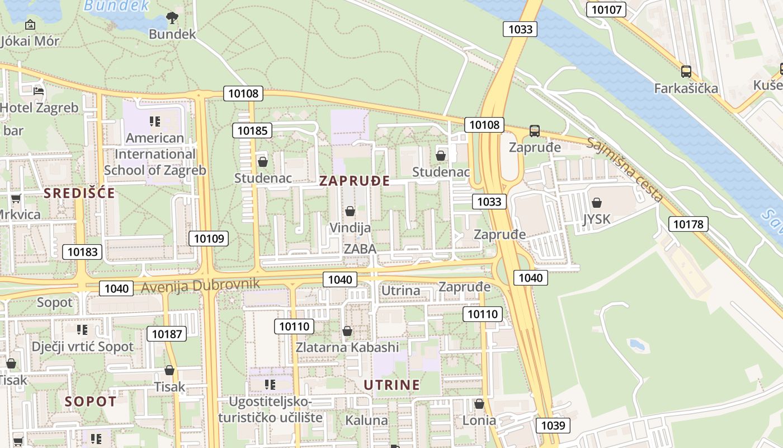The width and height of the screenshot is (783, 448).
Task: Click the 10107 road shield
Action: pyautogui.click(x=606, y=10)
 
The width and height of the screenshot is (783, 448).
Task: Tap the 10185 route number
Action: pyautogui.click(x=252, y=131)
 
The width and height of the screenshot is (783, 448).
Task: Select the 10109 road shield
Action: pyautogui.click(x=209, y=239)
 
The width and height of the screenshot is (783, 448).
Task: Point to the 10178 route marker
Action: pyautogui.click(x=688, y=225)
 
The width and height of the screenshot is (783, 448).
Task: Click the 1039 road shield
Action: pyautogui.click(x=553, y=426)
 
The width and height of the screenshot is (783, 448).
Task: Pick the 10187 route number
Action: pyautogui.click(x=167, y=334)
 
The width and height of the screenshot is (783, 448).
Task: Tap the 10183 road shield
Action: pyautogui.click(x=82, y=252)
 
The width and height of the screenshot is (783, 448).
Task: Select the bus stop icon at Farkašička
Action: pyautogui.click(x=686, y=72)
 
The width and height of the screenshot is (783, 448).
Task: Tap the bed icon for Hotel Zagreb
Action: pyautogui.click(x=39, y=91)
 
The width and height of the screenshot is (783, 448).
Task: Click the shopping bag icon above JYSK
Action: pyautogui.click(x=597, y=203)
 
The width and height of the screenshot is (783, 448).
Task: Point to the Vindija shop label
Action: pyautogui.click(x=350, y=228)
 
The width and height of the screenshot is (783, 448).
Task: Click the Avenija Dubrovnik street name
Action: pyautogui.click(x=200, y=285)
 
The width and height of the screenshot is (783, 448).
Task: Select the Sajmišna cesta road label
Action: pyautogui.click(x=625, y=169)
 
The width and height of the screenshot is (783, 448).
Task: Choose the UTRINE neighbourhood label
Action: pyautogui.click(x=391, y=385)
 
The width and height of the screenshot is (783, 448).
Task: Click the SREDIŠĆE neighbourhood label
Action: pyautogui.click(x=79, y=194)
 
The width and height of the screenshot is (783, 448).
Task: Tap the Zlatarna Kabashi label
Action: pyautogui.click(x=347, y=347)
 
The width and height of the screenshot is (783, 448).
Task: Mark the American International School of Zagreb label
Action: pyautogui.click(x=155, y=154)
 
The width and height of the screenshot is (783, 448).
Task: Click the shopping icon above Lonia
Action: pyautogui.click(x=479, y=404)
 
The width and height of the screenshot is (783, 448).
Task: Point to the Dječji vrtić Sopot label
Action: pyautogui.click(x=83, y=347)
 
